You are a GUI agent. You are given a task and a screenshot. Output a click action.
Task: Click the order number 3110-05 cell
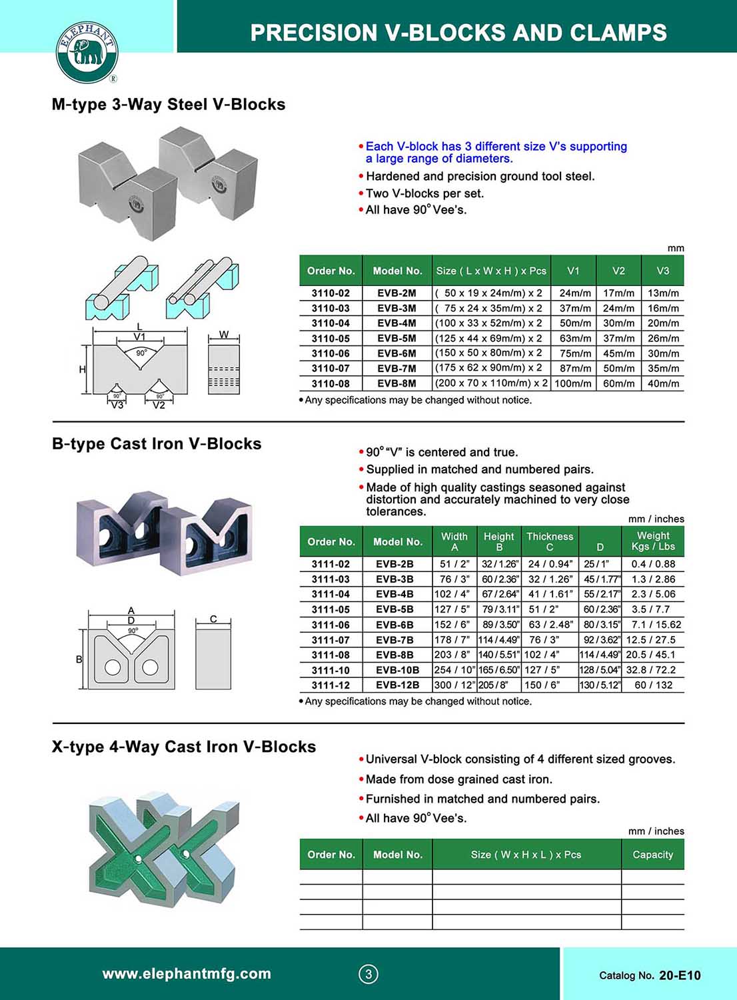(331, 338)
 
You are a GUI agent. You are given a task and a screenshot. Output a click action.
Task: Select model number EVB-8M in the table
(396, 383)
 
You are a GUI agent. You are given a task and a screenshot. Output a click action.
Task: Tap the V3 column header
(662, 271)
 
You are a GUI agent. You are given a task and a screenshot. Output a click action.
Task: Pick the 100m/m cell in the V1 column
(572, 383)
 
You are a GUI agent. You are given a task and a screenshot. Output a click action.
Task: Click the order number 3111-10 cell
(331, 670)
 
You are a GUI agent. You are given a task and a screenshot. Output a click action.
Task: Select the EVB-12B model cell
(397, 685)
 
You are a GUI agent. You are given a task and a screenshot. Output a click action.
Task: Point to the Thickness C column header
(550, 541)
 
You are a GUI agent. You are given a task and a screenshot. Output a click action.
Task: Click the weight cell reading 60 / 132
(653, 685)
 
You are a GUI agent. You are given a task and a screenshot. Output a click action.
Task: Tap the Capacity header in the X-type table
(652, 855)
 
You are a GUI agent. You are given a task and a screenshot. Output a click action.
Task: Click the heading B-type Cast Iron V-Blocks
(157, 444)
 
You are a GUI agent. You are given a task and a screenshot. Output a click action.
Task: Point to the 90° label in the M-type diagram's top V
(141, 353)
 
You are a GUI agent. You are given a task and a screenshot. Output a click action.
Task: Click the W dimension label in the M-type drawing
(224, 335)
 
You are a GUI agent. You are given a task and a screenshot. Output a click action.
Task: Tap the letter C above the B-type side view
(213, 619)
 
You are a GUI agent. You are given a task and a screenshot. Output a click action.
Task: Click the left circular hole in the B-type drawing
(112, 667)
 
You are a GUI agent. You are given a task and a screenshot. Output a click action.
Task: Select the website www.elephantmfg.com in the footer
(187, 973)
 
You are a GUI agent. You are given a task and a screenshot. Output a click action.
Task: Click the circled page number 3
(368, 974)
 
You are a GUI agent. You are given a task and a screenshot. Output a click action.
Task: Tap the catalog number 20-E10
(680, 975)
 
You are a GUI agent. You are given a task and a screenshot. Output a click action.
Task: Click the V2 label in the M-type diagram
(159, 405)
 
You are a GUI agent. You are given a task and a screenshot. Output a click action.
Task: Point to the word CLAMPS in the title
(616, 33)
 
